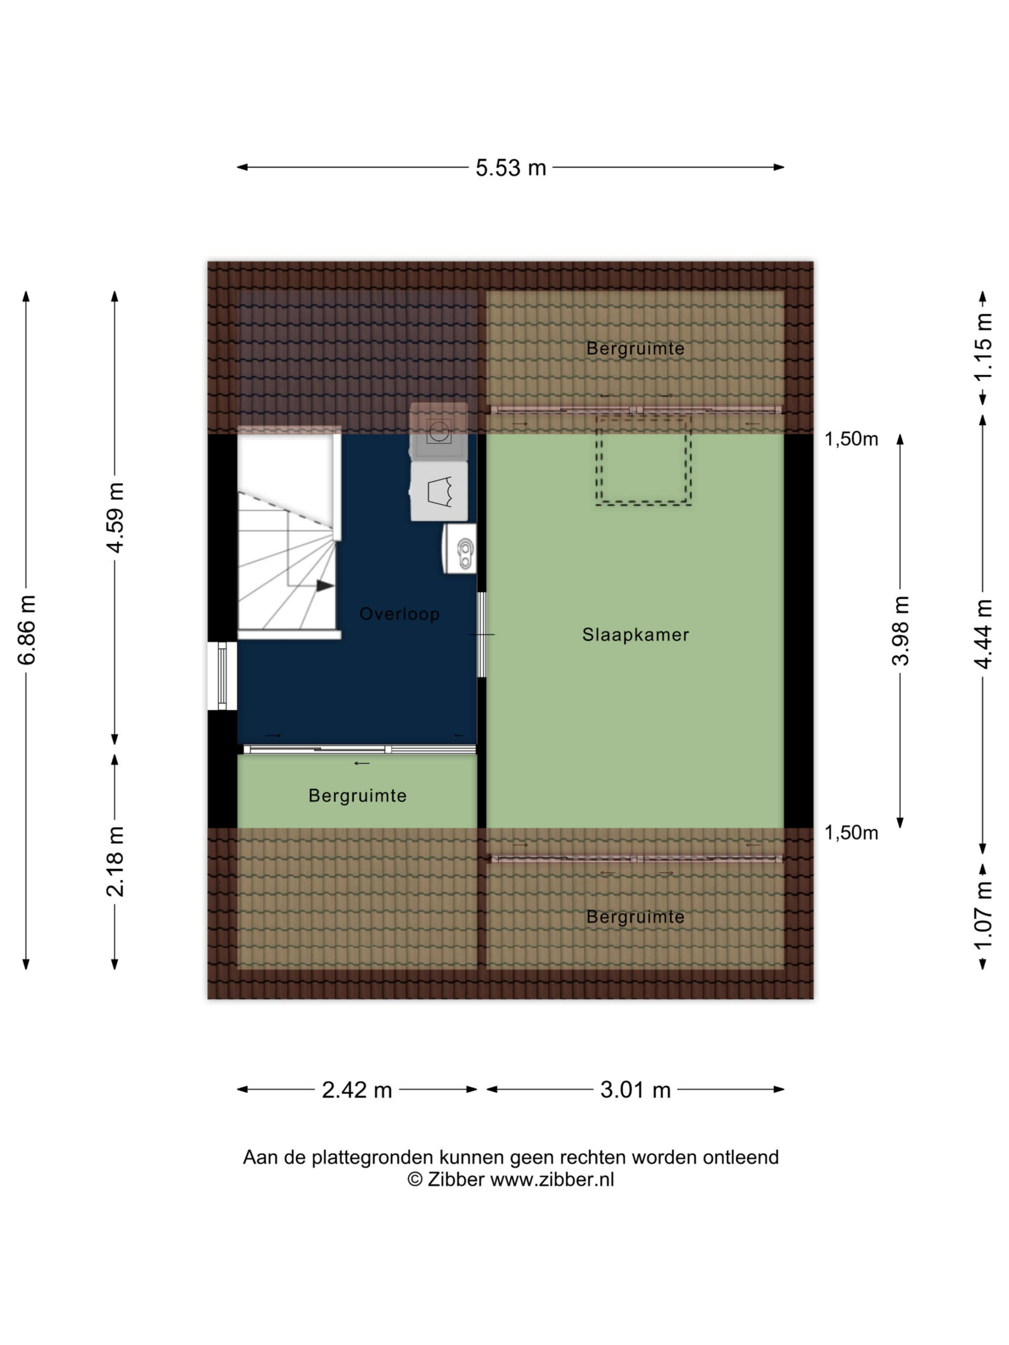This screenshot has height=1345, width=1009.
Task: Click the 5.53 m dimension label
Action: point(510,167)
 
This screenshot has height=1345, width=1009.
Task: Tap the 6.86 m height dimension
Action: point(27,629)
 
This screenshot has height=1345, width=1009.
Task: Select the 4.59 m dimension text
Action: point(115,518)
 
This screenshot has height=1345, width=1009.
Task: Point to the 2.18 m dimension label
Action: point(115,862)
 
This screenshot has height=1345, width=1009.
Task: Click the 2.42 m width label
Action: point(357,1090)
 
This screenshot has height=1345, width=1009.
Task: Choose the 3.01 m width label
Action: point(635,1090)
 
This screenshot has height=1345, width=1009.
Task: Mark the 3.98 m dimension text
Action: point(901,630)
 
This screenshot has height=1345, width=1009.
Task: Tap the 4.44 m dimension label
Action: point(983,634)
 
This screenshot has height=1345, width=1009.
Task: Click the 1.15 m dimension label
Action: point(983,347)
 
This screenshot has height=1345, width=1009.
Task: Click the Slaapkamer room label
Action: point(635,635)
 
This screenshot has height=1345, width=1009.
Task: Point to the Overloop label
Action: point(399,614)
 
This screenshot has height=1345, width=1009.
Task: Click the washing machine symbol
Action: point(438,431)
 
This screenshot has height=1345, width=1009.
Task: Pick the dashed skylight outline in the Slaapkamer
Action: point(643,460)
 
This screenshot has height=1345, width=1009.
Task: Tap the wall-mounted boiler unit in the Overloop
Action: point(460,549)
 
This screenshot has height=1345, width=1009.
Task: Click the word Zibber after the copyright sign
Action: point(456,1179)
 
